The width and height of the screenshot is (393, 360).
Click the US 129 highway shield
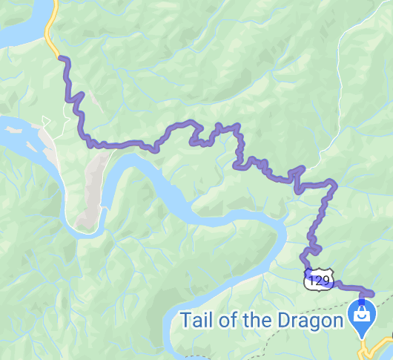point(317,280)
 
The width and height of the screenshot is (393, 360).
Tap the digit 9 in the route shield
point(326,281)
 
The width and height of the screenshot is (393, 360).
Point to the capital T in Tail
point(186,321)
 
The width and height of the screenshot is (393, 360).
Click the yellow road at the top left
point(50,33)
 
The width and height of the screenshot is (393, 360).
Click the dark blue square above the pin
point(362,300)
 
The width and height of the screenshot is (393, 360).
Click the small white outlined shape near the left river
point(46,120)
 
